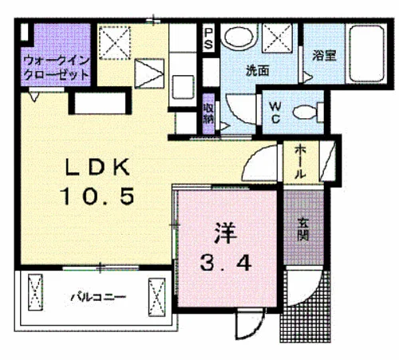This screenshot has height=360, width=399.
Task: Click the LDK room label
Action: pyautogui.click(x=97, y=168)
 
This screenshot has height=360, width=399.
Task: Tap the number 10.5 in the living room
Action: pyautogui.click(x=97, y=196)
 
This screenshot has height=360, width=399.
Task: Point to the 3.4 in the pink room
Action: pyautogui.click(x=226, y=263)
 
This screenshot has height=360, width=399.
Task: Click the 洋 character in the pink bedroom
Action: pyautogui.click(x=225, y=233)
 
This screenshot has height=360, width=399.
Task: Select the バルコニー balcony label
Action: pyautogui.click(x=98, y=297)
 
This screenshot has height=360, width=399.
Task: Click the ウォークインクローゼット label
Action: pyautogui.click(x=56, y=68)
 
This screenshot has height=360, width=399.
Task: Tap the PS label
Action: pyautogui.click(x=208, y=39)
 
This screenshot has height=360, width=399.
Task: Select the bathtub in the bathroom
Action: pyautogui.click(x=366, y=53)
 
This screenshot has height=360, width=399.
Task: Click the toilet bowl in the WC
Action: pyautogui.click(x=306, y=113)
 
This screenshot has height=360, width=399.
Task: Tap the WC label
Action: pyautogui.click(x=275, y=113)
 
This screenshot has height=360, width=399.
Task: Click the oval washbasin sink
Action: pyautogui.click(x=239, y=37)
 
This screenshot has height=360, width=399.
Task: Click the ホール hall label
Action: pyautogui.click(x=300, y=161)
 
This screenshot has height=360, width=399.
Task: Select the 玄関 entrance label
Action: pyautogui.click(x=303, y=229)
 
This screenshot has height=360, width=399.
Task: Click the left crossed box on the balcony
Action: pyautogui.click(x=35, y=292)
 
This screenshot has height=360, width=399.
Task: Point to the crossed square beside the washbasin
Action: pyautogui.click(x=278, y=38)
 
